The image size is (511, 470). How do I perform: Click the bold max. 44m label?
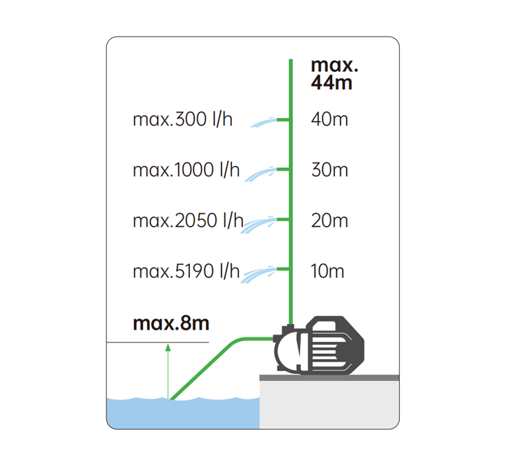(334, 74)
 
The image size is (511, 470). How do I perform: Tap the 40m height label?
(329, 119)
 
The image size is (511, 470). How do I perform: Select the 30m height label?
(329, 170)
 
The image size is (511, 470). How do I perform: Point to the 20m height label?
(329, 220)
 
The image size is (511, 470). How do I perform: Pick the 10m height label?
(327, 271)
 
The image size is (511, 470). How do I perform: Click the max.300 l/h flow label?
(182, 119)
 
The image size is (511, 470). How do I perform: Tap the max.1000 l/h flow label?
(186, 170)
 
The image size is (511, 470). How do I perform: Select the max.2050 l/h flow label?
(188, 220)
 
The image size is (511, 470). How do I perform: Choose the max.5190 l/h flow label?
(186, 271)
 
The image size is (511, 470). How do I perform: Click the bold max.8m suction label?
(171, 323)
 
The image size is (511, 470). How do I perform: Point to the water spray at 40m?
(263, 122)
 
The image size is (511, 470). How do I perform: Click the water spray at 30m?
(261, 174)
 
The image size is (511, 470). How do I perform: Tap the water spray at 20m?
(259, 225)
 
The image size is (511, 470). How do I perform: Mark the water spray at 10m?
(259, 274)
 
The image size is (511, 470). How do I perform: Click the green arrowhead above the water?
(168, 348)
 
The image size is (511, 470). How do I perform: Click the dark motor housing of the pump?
(336, 345)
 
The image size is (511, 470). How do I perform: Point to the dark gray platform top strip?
(329, 377)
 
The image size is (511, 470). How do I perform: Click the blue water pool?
(183, 413)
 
